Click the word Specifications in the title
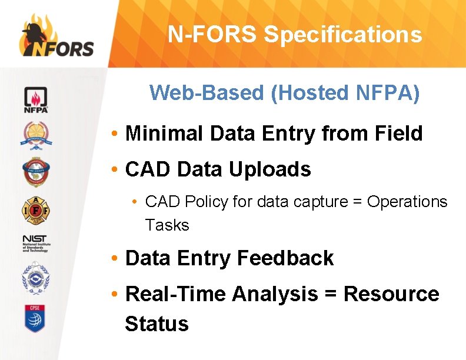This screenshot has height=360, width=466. tap(343, 35)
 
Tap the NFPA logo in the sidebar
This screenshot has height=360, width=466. tap(36, 100)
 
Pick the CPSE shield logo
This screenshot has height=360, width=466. tap(36, 318)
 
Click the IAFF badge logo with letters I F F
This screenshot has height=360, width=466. tap(36, 209)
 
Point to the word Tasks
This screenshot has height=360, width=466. tap(167, 225)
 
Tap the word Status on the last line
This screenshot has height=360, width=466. tap(157, 324)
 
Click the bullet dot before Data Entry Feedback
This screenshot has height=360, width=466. tap(116, 258)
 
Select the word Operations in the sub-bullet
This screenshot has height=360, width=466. tap(407, 202)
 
